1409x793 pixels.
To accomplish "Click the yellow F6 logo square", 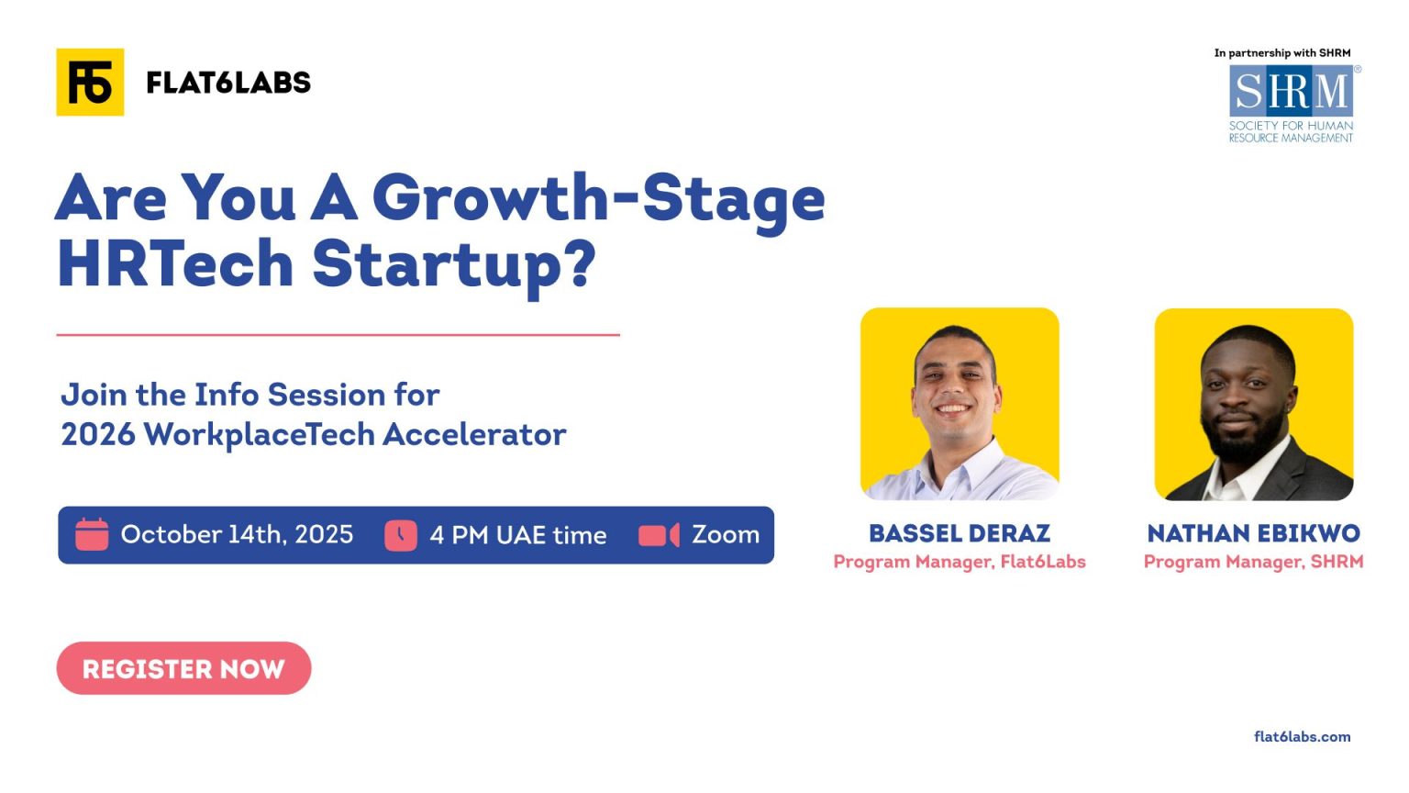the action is (90, 82).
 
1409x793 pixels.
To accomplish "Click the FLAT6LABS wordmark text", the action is (228, 83).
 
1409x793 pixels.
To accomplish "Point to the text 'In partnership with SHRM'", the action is (1281, 53).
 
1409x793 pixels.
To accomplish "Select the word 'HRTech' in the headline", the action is (175, 263).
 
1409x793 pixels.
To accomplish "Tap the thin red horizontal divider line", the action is (338, 335).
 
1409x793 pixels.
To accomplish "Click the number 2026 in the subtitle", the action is (98, 434).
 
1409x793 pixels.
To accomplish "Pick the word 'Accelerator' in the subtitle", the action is (474, 434).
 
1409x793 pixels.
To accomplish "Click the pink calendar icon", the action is (92, 534).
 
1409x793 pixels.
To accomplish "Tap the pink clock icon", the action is (401, 536).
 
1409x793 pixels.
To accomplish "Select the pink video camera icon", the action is (659, 536).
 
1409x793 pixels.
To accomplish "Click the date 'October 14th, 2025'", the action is (238, 534).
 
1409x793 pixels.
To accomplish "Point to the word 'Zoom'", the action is (726, 535).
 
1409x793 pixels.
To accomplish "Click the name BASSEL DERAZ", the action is (960, 533).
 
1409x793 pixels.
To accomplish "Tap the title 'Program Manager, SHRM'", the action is (1254, 562).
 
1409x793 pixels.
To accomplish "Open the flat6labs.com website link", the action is (1302, 736).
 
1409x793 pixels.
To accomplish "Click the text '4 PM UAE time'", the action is (518, 536).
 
